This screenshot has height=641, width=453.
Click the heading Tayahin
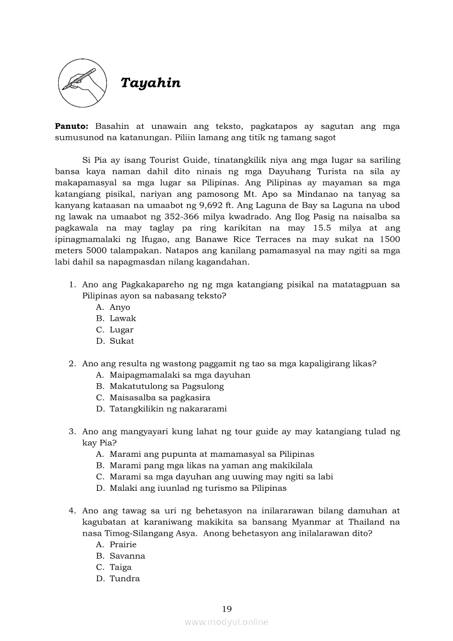click(150, 83)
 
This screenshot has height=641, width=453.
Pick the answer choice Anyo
click(120, 307)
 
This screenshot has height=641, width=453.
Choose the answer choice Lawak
click(122, 319)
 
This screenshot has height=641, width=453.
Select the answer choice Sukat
click(122, 341)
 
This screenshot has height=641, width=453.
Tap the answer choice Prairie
click(123, 544)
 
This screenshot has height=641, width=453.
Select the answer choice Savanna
click(127, 556)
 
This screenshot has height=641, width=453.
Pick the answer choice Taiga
click(120, 568)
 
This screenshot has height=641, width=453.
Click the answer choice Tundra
click(124, 578)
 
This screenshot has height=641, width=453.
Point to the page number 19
click(227, 609)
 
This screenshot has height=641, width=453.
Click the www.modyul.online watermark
click(226, 622)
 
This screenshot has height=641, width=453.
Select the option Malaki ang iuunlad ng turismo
click(197, 488)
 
